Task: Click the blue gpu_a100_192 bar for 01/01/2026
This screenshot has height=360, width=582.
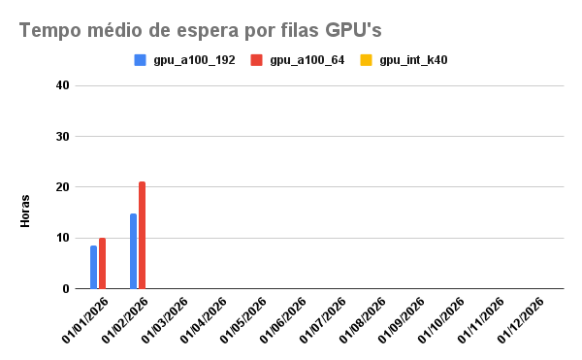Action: pos(93,267)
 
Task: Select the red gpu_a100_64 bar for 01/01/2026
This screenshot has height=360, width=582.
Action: pos(102,263)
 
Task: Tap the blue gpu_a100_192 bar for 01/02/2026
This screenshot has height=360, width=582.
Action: pos(133,251)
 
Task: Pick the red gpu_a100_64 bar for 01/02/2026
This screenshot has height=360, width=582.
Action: pos(142,235)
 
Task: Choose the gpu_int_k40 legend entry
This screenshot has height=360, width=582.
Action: pos(412,60)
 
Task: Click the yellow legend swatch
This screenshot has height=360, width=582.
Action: pos(368,60)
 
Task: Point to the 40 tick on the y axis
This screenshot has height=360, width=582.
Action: pos(62,85)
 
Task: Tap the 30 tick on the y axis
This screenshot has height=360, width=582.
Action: pos(62,137)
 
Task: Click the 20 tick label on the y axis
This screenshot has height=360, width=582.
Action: pos(62,187)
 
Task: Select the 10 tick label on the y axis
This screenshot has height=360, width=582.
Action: pos(62,238)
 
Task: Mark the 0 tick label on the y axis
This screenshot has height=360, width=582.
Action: pos(65,288)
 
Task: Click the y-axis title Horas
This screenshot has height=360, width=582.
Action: pos(26,211)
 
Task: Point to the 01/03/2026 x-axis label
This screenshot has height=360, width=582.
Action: pos(166,320)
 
